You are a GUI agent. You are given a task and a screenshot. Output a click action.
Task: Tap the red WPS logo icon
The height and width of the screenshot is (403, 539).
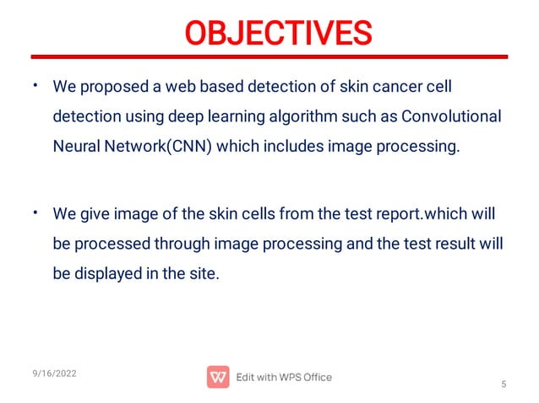[x=218, y=377]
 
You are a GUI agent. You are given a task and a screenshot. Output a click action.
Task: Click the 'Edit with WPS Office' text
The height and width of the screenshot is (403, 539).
[x=284, y=377]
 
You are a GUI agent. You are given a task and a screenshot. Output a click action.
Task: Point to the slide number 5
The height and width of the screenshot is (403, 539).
[x=504, y=385]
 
